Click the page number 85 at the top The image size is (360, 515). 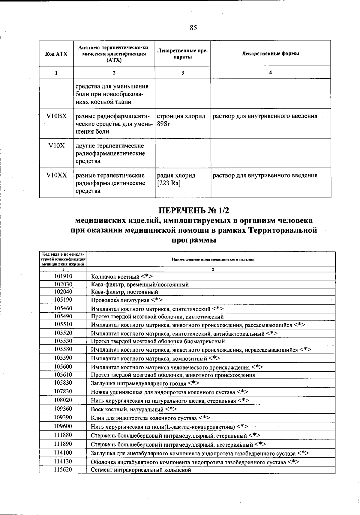(193, 28)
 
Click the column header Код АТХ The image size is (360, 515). (56, 54)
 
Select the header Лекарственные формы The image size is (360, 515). (270, 54)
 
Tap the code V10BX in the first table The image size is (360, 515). (56, 116)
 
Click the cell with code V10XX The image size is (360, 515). (56, 175)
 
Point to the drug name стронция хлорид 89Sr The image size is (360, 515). (181, 120)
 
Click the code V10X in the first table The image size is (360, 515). (56, 146)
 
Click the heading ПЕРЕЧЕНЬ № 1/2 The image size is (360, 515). (193, 210)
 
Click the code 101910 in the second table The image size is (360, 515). (63, 276)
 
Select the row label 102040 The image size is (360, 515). (63, 292)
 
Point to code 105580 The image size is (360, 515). (63, 349)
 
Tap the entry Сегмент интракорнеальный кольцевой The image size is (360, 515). (141, 470)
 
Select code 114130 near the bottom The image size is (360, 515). (63, 462)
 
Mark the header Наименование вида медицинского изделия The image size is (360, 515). (213, 260)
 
